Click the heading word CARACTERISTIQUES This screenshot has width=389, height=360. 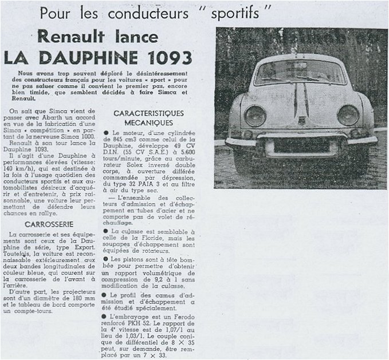(x=148, y=113)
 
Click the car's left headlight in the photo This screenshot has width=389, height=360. (x=256, y=116)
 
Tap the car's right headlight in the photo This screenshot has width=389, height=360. (x=348, y=115)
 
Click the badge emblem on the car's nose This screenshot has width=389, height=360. (x=301, y=121)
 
